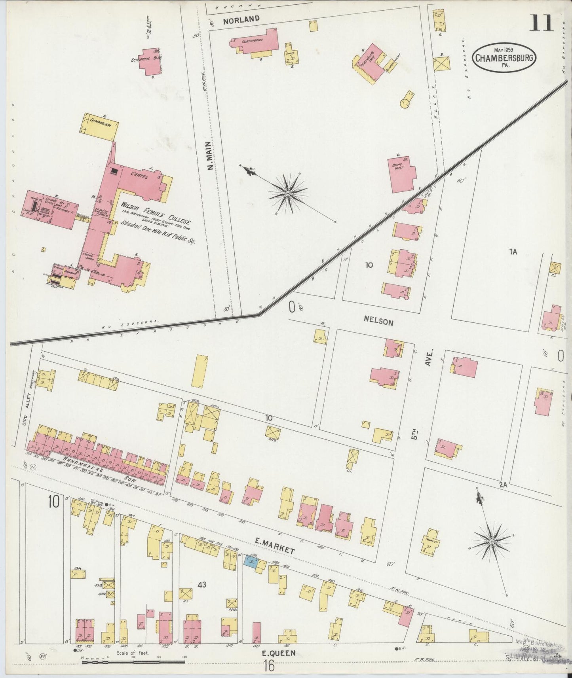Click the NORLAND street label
[236, 19]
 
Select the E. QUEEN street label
[279, 653]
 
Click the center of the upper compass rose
[288, 193]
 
